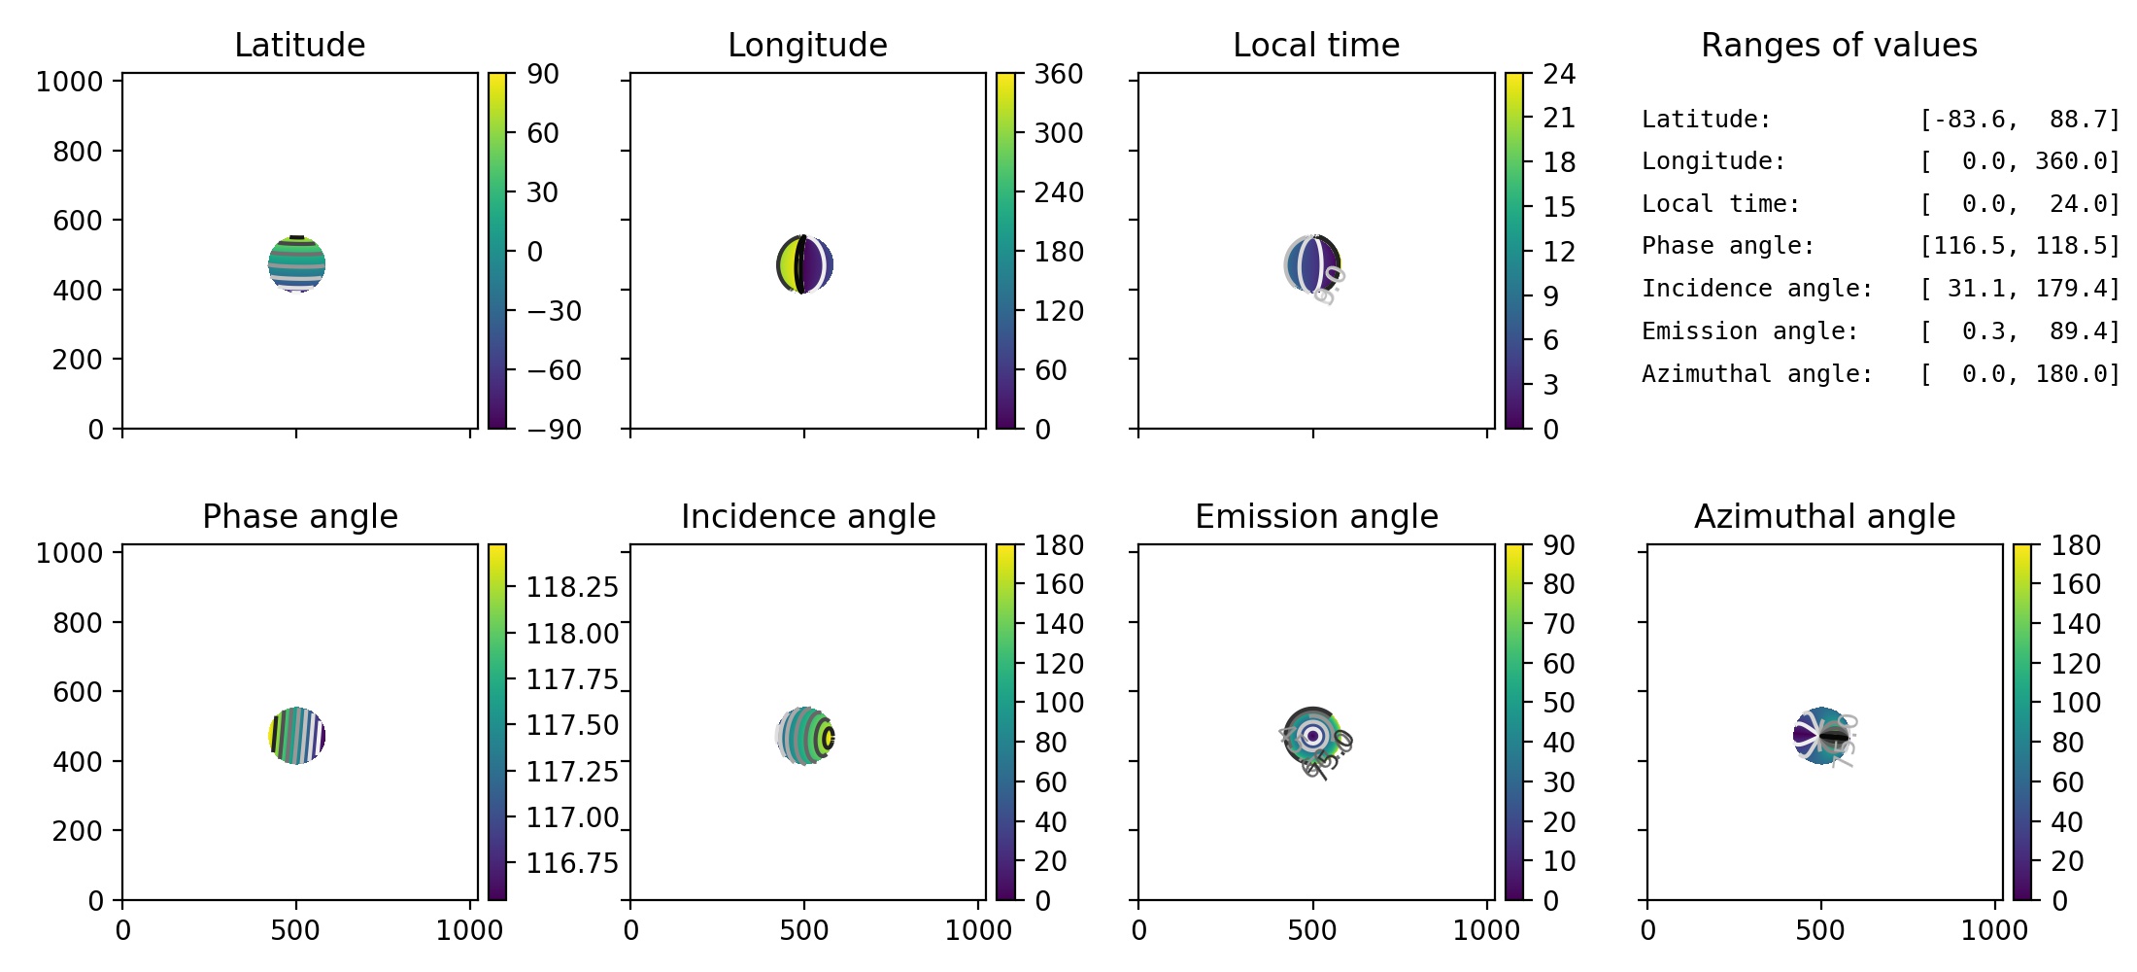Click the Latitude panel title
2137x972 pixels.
click(299, 45)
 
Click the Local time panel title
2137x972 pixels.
click(1316, 45)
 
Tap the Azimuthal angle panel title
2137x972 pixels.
click(1824, 516)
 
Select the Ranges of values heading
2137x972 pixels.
click(1839, 45)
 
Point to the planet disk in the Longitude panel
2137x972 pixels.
click(805, 264)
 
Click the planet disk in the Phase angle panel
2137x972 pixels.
click(296, 736)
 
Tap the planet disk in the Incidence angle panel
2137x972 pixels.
click(805, 736)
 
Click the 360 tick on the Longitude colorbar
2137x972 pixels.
click(1058, 74)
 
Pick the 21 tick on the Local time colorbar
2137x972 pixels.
click(1559, 119)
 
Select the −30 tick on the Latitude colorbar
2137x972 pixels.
click(554, 311)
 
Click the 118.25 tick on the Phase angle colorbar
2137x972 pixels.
click(571, 587)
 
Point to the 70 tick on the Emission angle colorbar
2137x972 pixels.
click(1559, 624)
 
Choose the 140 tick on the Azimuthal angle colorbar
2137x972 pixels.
click(2075, 624)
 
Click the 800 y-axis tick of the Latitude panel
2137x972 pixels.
click(78, 152)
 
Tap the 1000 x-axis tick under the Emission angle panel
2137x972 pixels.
click(1486, 930)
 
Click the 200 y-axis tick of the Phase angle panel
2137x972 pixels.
click(78, 831)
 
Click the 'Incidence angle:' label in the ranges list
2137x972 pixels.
click(1757, 289)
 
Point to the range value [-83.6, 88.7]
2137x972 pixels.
click(2019, 120)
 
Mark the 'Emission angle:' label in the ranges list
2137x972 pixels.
click(1749, 331)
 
